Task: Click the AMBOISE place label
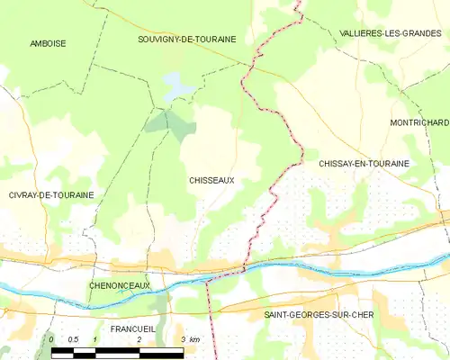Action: tap(48, 43)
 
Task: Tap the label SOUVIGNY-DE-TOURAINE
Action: tap(187, 40)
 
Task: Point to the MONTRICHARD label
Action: tap(418, 121)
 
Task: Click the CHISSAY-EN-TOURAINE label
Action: tap(364, 164)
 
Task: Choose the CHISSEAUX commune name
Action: tap(211, 180)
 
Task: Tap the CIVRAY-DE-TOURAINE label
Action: tap(50, 194)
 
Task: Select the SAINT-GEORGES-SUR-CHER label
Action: tap(319, 314)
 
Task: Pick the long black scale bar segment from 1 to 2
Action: tap(117, 351)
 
